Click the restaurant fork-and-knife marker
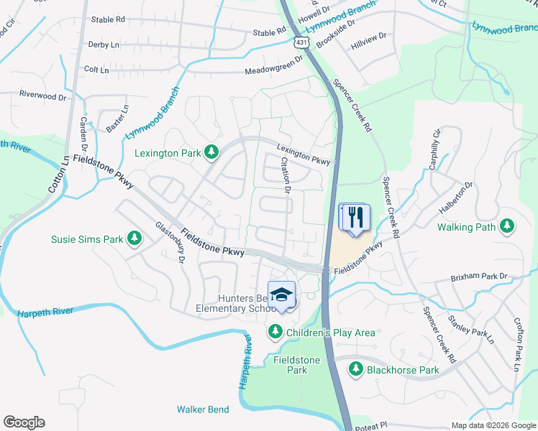coord(354,216)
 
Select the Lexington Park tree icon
coord(211,152)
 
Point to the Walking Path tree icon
coord(507,227)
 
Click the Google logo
coord(24,422)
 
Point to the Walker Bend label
coord(203,409)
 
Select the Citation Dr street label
coord(286,176)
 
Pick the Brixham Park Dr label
coord(480,276)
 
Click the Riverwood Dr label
coord(42,94)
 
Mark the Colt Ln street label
coord(96,70)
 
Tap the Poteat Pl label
coord(373,425)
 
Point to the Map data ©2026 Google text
coord(493,425)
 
